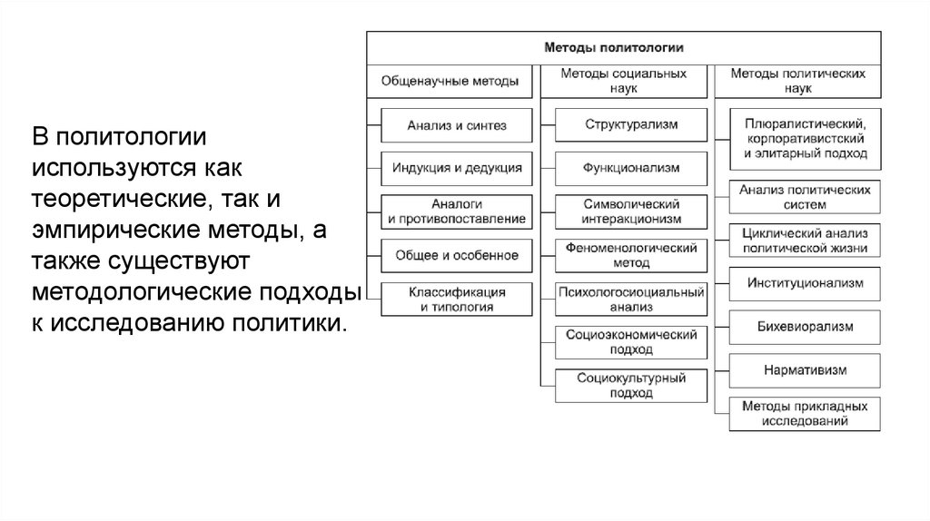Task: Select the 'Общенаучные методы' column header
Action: coord(450,81)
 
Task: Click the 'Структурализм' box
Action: coord(632,124)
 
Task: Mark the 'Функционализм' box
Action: coord(632,168)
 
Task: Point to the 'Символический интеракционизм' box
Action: coord(632,211)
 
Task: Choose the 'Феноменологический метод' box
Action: coord(632,255)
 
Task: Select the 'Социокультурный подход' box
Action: coord(632,386)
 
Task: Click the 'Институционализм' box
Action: coord(805,283)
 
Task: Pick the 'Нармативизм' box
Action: coord(805,369)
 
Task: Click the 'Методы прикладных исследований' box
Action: coord(805,413)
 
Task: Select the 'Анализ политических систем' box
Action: coord(805,197)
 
